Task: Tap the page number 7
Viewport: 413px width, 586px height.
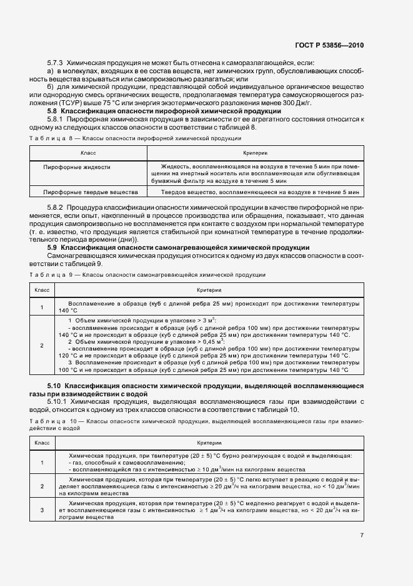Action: point(362,535)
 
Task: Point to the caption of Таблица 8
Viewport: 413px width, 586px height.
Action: point(134,138)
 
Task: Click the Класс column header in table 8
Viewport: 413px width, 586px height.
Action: point(88,153)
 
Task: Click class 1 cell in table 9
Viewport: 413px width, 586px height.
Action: point(42,307)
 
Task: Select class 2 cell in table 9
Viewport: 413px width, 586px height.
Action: point(42,345)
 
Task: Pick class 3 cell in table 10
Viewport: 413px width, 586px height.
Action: point(42,510)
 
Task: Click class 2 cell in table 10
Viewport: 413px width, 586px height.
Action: point(42,486)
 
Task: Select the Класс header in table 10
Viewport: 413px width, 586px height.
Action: point(42,442)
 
